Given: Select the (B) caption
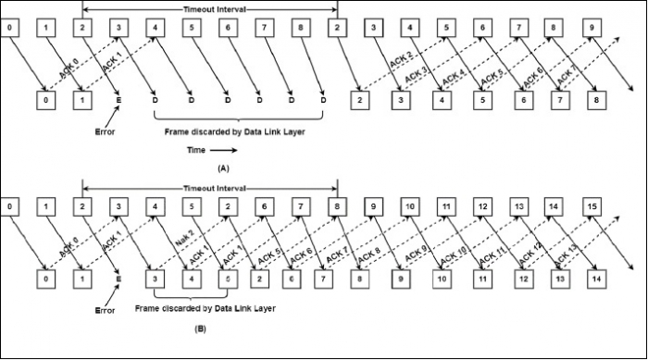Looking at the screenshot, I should tap(223, 328).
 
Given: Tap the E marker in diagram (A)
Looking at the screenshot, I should tap(118, 98).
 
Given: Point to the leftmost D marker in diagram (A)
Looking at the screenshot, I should tap(155, 98).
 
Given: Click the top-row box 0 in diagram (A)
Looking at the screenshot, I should tap(8, 28).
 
